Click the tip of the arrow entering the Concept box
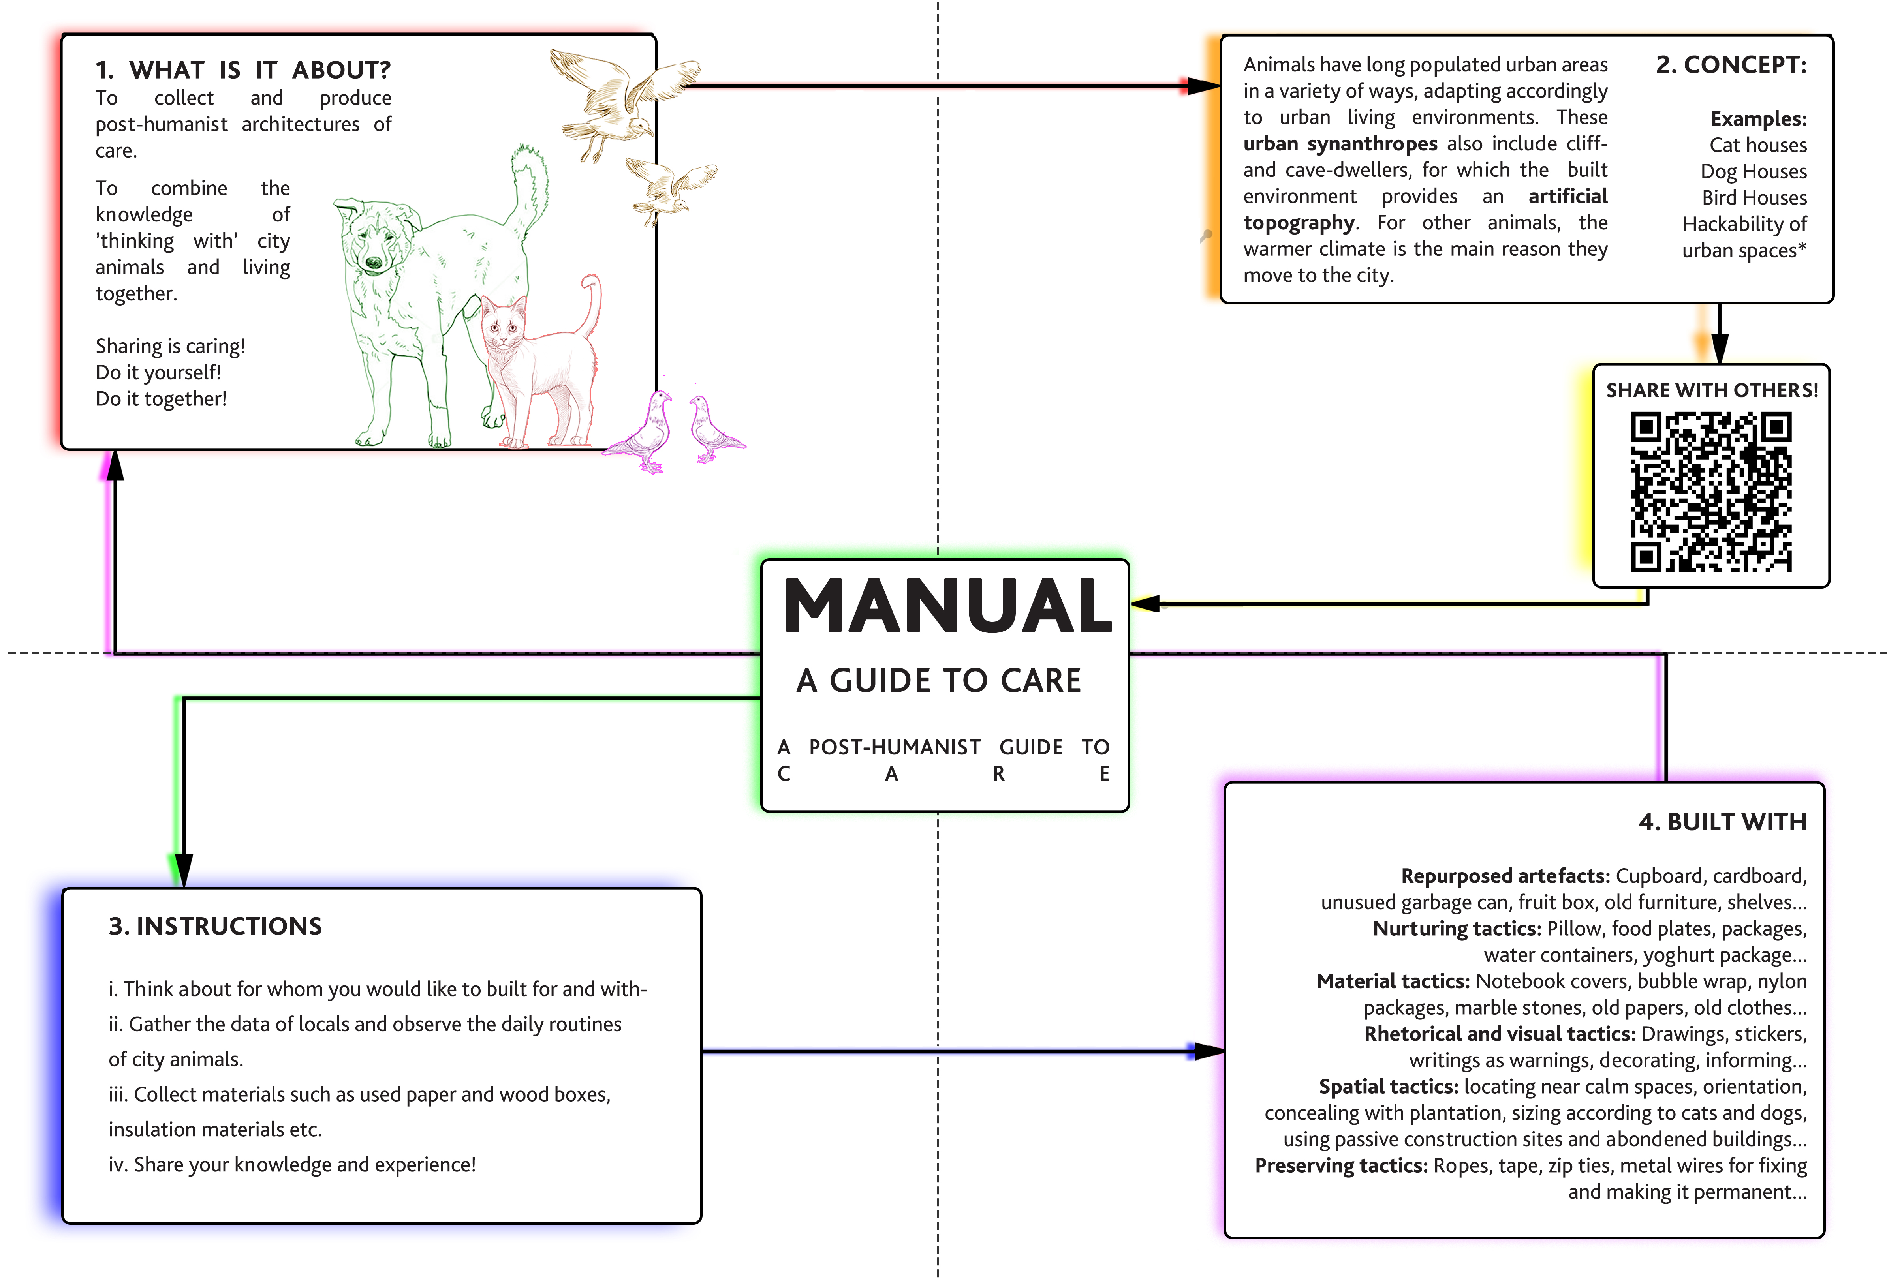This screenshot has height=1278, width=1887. [1220, 85]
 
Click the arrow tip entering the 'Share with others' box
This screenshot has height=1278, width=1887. [1720, 364]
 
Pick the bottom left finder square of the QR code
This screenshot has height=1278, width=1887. [1646, 557]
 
